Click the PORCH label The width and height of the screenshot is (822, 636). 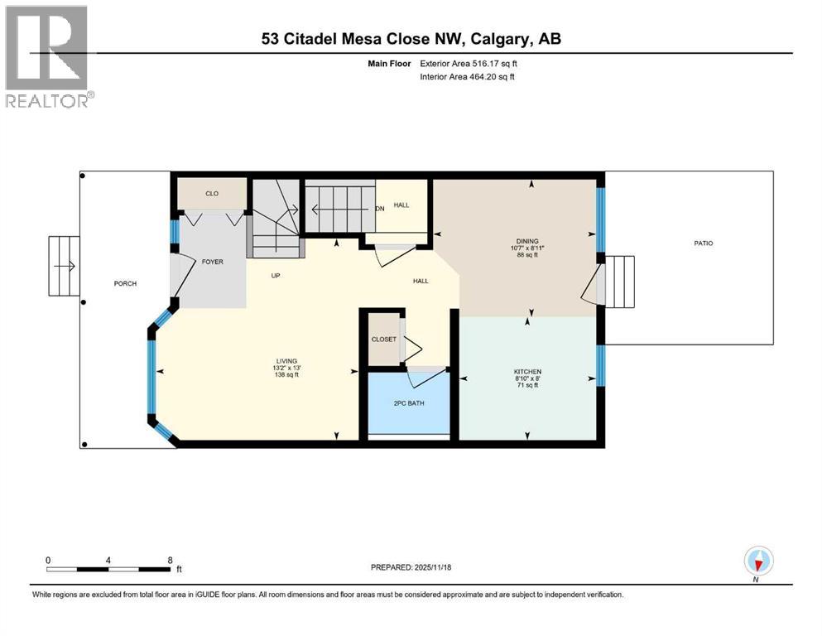point(125,284)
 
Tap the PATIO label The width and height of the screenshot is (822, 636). point(704,243)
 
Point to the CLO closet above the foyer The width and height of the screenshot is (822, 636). point(212,194)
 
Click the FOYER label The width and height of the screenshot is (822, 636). point(213,263)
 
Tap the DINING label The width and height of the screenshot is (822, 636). point(526,241)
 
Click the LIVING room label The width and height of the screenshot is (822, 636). point(287,361)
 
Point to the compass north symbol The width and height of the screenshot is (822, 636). point(757,561)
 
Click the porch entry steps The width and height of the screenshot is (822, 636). point(63,266)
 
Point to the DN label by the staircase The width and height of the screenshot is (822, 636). point(380,210)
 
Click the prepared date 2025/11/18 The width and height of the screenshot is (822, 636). point(411,567)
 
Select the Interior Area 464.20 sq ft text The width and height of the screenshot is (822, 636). point(467,77)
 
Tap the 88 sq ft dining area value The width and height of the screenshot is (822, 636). point(526,255)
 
